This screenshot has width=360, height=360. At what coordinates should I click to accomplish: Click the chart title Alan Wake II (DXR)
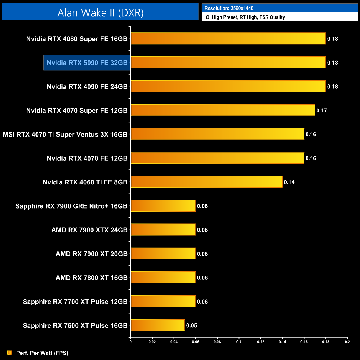100,13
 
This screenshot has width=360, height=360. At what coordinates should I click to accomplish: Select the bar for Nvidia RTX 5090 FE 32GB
228,63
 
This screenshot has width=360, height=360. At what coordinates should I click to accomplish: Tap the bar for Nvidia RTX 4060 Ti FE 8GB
207,182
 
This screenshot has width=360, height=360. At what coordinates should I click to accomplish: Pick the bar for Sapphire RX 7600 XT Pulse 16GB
158,325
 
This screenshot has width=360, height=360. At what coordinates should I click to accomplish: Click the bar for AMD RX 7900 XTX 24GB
163,230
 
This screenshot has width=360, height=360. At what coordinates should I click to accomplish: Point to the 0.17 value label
322,110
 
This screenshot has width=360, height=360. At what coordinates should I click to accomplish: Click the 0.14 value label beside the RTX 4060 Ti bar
289,182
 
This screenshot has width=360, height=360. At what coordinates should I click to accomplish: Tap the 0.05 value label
191,326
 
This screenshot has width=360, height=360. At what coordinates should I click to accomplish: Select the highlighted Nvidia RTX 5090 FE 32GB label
87,63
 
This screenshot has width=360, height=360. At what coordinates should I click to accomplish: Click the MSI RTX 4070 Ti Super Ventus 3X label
65,135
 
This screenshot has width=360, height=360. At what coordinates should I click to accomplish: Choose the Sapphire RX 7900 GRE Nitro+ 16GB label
71,206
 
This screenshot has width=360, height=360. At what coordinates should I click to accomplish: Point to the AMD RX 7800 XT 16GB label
91,278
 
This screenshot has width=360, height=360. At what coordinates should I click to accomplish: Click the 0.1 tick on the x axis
239,342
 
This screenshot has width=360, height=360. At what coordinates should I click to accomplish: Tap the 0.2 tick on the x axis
347,342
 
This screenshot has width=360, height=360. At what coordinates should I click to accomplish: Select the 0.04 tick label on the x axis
174,342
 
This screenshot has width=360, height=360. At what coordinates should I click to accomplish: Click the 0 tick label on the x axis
130,342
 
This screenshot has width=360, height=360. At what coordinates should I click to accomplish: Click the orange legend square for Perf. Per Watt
10,353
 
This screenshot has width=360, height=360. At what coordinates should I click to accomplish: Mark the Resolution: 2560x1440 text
229,8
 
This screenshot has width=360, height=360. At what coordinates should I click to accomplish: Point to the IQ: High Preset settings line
245,17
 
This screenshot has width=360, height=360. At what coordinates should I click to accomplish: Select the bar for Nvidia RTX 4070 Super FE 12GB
223,110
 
